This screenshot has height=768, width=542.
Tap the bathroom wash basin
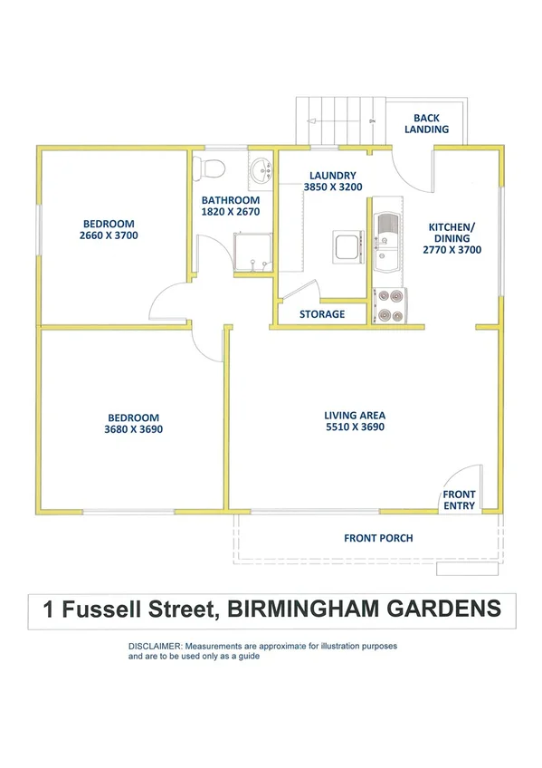pos(261,168)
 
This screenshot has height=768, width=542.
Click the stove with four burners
pos(390,305)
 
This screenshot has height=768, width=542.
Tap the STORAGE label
pos(322,314)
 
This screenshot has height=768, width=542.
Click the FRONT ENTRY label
pos(459,500)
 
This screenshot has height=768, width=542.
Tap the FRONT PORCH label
pos(378,538)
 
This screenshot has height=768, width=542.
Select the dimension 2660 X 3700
pos(109,235)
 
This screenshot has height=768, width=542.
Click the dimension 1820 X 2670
pos(231,211)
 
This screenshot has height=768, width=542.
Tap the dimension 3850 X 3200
pos(332,187)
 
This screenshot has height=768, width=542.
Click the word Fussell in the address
pos(132,610)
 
